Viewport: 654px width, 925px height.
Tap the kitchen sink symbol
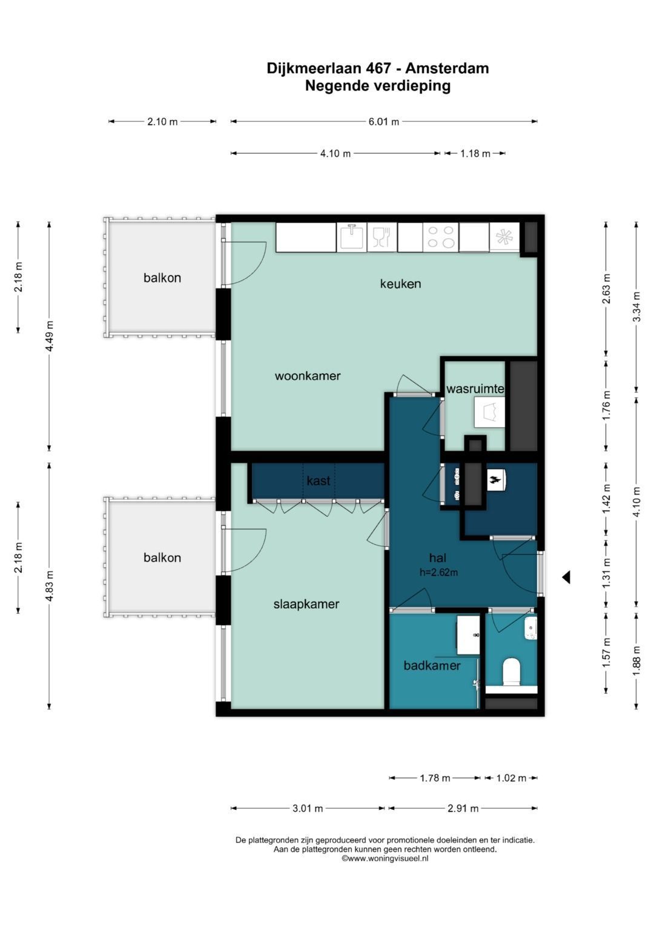(352, 237)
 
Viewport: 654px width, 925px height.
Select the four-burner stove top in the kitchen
(441, 237)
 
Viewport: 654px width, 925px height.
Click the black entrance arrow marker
(566, 577)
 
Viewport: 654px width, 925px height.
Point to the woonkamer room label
(308, 376)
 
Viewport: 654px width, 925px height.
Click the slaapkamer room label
(306, 604)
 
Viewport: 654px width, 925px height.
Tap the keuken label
(400, 283)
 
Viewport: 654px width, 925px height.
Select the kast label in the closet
(319, 480)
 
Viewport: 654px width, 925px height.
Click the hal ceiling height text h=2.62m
(438, 572)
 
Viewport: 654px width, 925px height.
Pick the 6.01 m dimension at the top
(383, 121)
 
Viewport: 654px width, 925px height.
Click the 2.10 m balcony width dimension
(162, 121)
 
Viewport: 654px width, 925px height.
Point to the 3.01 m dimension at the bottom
(308, 809)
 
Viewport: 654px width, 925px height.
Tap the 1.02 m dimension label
(511, 778)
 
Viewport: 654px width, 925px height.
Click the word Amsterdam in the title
(447, 68)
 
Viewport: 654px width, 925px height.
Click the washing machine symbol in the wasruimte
(490, 413)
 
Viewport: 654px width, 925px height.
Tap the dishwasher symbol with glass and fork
(382, 237)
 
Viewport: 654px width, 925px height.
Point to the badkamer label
(432, 665)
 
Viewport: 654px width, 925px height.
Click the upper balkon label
(162, 278)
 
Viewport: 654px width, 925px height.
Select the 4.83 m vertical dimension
(49, 587)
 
